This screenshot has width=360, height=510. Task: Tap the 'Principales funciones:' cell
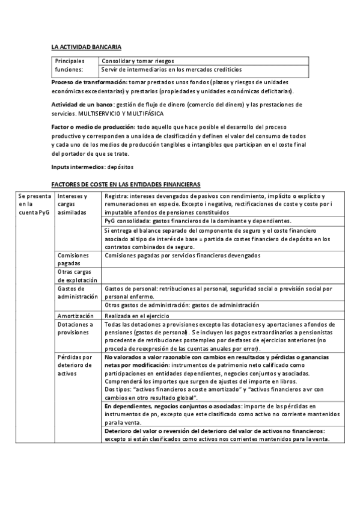(70, 65)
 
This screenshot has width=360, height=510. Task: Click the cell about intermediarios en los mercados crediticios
(171, 70)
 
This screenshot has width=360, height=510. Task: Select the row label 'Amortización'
(75, 316)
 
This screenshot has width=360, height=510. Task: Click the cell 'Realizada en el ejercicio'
(136, 316)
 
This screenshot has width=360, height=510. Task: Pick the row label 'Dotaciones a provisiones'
(75, 328)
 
